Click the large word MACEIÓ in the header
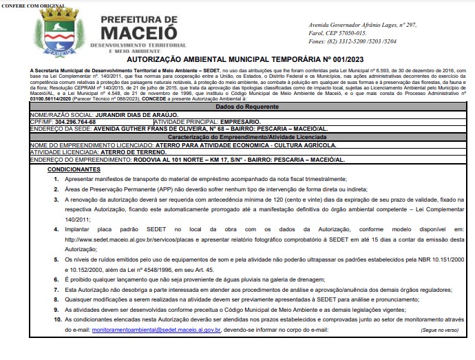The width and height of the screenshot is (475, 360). point(137,31)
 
